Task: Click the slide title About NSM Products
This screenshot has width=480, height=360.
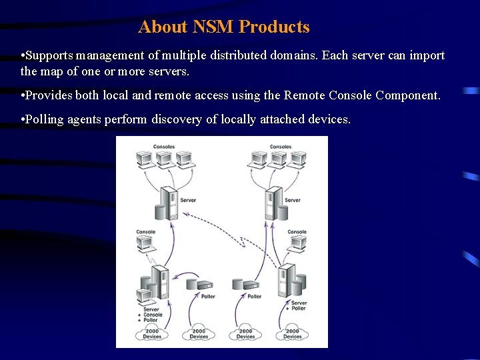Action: point(224,27)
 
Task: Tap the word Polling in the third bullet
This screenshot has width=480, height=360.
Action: point(45,119)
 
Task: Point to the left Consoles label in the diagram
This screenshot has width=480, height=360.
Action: point(164,147)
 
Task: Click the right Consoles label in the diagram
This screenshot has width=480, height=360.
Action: point(280,147)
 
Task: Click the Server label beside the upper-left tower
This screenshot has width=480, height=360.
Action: point(188,200)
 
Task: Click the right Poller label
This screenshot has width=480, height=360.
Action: point(255,297)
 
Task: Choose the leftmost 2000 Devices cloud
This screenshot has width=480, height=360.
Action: point(152,333)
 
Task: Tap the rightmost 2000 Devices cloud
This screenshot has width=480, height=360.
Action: point(292,333)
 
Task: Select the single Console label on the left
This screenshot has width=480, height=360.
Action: point(145,232)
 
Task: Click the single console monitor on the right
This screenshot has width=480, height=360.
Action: point(295,244)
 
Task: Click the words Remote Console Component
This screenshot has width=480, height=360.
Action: point(362,95)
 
